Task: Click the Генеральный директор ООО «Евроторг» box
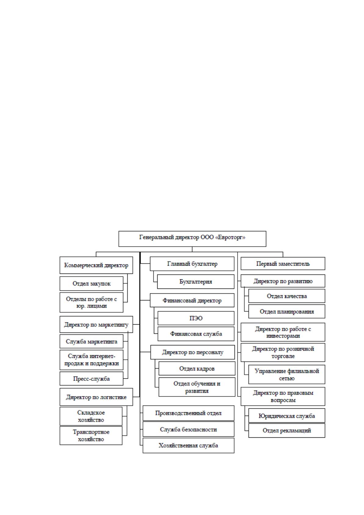[192, 239]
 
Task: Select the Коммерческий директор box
[96, 265]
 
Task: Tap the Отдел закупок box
[91, 284]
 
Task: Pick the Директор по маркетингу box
[96, 324]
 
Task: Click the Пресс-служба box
[91, 378]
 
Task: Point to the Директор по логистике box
[96, 397]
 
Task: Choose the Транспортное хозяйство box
[91, 436]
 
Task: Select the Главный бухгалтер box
[192, 264]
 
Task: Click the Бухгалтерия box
[196, 281]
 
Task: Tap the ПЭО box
[196, 318]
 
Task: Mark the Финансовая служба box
[196, 334]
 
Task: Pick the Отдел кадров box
[197, 369]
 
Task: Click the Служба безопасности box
[188, 429]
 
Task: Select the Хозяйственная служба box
[188, 445]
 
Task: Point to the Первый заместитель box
[283, 263]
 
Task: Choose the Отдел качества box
[287, 296]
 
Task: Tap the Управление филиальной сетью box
[287, 374]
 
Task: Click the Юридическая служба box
[287, 416]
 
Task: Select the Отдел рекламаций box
[287, 430]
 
